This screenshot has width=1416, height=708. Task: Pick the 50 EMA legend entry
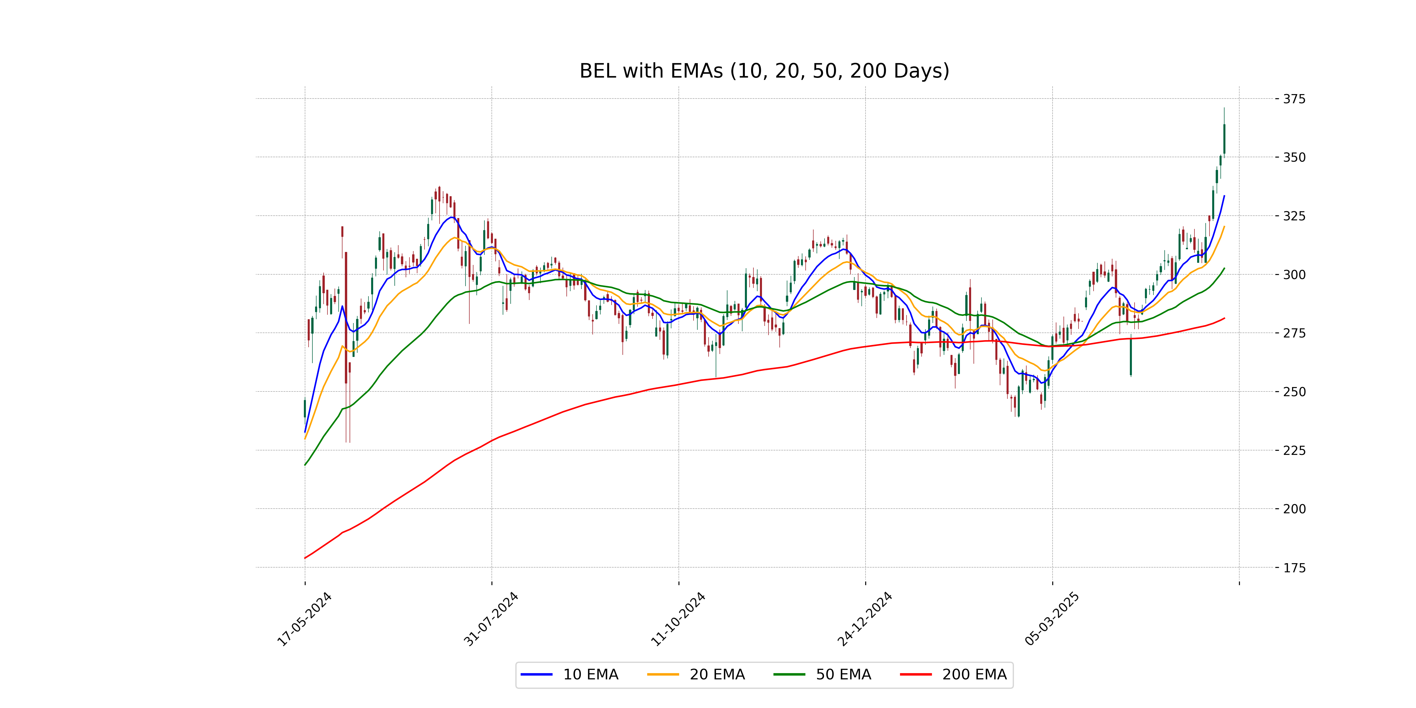coord(822,674)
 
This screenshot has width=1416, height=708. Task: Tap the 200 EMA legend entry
coord(954,674)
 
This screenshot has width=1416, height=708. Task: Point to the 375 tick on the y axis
coord(1294,99)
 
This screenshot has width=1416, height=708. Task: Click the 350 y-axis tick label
coord(1294,157)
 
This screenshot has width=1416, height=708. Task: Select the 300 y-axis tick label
coord(1294,274)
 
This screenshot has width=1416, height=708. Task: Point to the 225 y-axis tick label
coord(1294,450)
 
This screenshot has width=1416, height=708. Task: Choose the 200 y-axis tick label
coord(1294,509)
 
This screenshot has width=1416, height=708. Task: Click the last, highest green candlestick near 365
coord(1224,139)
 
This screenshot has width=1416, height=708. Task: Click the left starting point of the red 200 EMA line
coord(305,558)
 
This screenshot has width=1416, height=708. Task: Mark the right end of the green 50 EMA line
coord(1224,268)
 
